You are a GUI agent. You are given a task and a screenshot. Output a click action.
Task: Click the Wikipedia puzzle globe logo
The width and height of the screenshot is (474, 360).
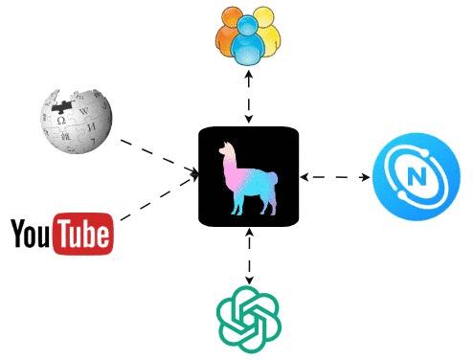(75, 122)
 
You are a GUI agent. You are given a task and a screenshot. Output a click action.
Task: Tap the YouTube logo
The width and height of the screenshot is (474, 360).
(61, 234)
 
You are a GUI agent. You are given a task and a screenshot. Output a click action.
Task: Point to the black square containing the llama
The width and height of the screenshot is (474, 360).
(249, 176)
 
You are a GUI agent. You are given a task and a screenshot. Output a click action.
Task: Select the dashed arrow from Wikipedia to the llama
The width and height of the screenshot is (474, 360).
(157, 157)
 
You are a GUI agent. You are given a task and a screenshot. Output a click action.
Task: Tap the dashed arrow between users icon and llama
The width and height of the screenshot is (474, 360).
(249, 95)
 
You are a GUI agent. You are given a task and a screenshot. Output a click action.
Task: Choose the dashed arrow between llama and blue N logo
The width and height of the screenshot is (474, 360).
(334, 177)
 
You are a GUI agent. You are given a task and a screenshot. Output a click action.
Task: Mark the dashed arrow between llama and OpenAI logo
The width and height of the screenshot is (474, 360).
(249, 257)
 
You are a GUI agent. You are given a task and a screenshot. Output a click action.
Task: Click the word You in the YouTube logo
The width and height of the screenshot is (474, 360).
(32, 234)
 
